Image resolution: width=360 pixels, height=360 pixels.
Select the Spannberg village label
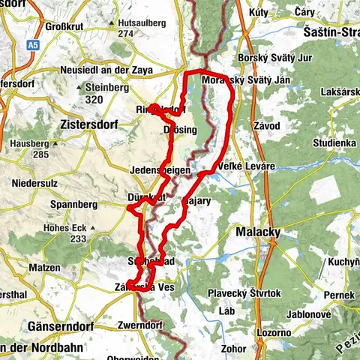(70, 203)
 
